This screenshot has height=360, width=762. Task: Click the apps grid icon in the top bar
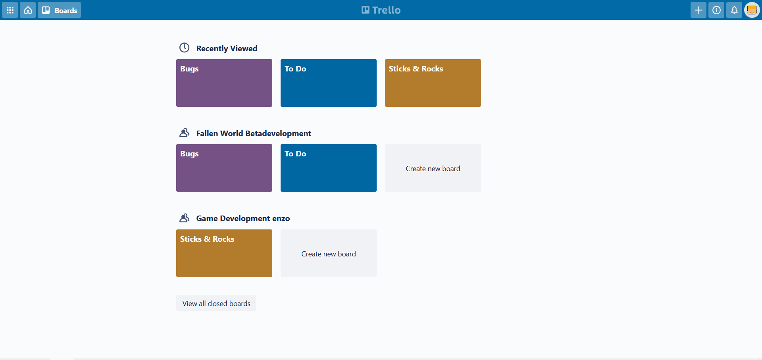point(10,10)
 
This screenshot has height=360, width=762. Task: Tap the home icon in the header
point(28,10)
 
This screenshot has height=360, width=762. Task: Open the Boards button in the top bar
point(60,10)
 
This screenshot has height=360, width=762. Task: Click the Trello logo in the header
point(381,10)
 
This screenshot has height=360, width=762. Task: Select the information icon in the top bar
point(716,10)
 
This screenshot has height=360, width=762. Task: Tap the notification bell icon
point(734,10)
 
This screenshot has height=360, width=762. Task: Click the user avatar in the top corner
point(752,10)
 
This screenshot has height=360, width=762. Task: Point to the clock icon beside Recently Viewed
point(184,48)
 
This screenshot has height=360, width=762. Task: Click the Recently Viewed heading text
point(227,48)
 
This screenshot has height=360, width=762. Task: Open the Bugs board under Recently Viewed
point(224,83)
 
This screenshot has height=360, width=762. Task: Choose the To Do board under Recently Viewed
point(329,83)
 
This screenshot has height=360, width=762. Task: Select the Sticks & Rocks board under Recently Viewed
point(433,83)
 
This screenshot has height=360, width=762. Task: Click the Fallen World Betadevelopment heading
point(254,133)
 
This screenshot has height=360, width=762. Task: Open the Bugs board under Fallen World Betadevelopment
point(224,168)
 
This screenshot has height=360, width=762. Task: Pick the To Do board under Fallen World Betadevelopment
point(329,168)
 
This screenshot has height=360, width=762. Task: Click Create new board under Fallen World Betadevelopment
point(433,168)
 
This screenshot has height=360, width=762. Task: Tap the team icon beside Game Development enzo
point(184,218)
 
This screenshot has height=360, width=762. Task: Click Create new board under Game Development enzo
point(329,254)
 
